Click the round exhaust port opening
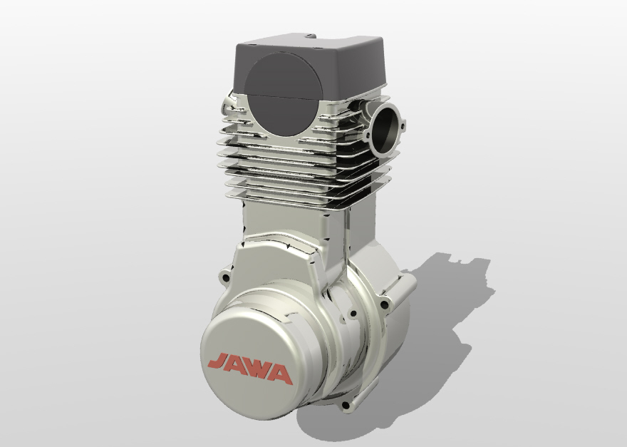385,129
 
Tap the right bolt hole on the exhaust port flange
403,126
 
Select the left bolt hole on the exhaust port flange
368,135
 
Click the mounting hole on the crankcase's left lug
226,277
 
